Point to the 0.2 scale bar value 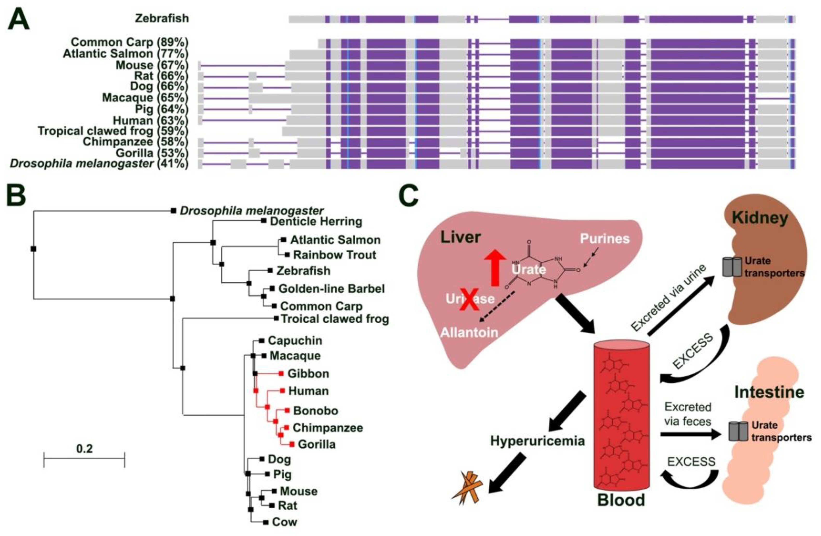(85, 449)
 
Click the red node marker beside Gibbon (281, 373)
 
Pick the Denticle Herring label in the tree (316, 222)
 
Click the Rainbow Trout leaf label (334, 255)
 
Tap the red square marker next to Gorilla (292, 444)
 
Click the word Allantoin (469, 332)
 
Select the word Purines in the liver (605, 239)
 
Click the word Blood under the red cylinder (621, 500)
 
